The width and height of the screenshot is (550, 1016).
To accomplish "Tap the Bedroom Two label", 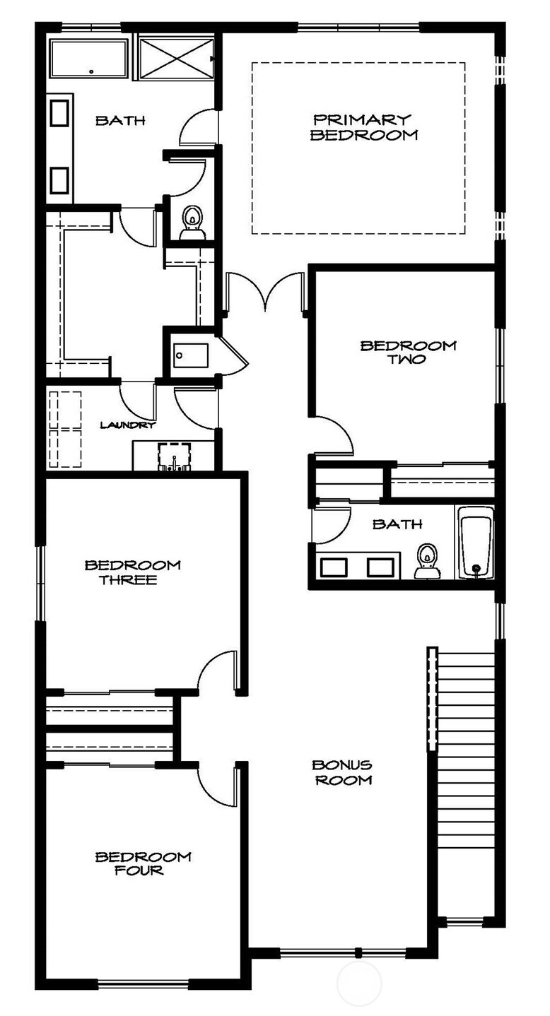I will pos(408,352).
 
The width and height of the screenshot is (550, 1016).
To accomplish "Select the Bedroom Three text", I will pos(132,572).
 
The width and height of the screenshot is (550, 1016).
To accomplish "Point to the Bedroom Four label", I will pos(143,863).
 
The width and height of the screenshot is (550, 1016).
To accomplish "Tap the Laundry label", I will pos(127,425).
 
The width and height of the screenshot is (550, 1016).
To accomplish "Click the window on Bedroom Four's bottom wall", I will pos(143,983).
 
